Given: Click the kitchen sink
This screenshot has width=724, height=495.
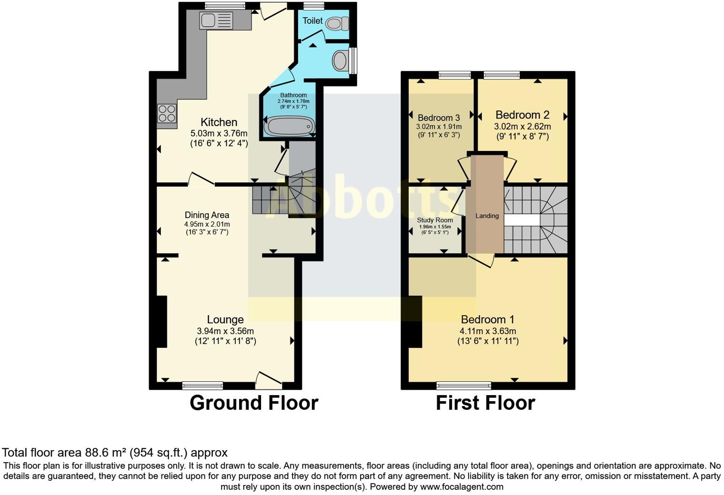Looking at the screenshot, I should (217, 20).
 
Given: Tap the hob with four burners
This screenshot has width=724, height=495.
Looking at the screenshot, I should (167, 113).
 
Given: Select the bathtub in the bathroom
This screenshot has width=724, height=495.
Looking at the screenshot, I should (290, 127).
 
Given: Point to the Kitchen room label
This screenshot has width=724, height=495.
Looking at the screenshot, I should (219, 122).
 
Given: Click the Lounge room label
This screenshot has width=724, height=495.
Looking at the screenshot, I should (225, 320).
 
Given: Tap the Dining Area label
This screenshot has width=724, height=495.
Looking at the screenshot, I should (207, 215).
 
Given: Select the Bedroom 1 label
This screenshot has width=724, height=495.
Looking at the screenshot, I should (487, 319).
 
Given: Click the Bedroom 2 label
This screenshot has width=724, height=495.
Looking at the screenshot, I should (522, 115).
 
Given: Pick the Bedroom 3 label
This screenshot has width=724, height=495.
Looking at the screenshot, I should (439, 118).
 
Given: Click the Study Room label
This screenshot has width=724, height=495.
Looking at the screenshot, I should (434, 220).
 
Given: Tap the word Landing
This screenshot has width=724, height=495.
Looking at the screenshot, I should (487, 216).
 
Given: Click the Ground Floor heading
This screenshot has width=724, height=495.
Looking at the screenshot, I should (253, 403).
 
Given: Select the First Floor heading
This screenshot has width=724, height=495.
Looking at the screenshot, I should (485, 403).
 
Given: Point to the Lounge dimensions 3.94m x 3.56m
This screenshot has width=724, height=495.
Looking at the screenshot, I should (225, 331).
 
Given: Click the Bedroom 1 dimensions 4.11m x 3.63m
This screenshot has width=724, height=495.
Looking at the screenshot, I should (487, 331).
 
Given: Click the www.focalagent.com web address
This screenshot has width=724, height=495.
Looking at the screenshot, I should (461, 487).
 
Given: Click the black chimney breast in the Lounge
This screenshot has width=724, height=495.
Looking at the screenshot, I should (161, 321).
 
